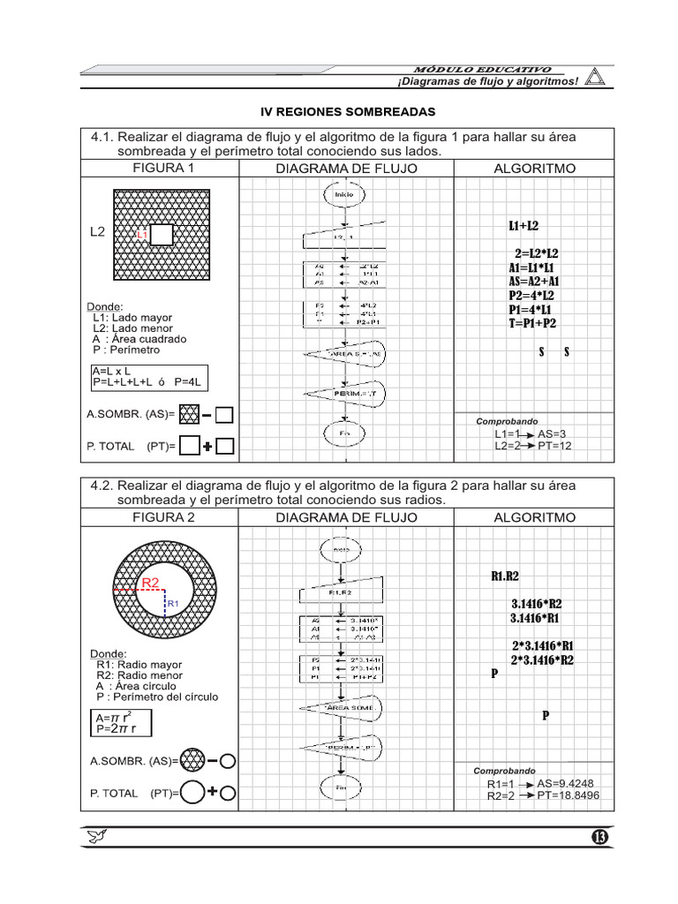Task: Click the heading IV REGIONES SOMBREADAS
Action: (x=347, y=113)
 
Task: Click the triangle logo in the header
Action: (x=596, y=78)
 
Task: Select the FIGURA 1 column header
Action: (x=163, y=168)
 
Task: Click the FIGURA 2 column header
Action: (x=163, y=517)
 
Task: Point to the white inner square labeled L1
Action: (x=162, y=234)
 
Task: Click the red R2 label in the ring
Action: (x=150, y=583)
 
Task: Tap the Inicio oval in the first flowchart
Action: (x=344, y=193)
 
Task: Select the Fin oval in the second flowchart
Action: (x=344, y=786)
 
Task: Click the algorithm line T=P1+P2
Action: (x=532, y=324)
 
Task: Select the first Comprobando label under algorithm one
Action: (x=507, y=422)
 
